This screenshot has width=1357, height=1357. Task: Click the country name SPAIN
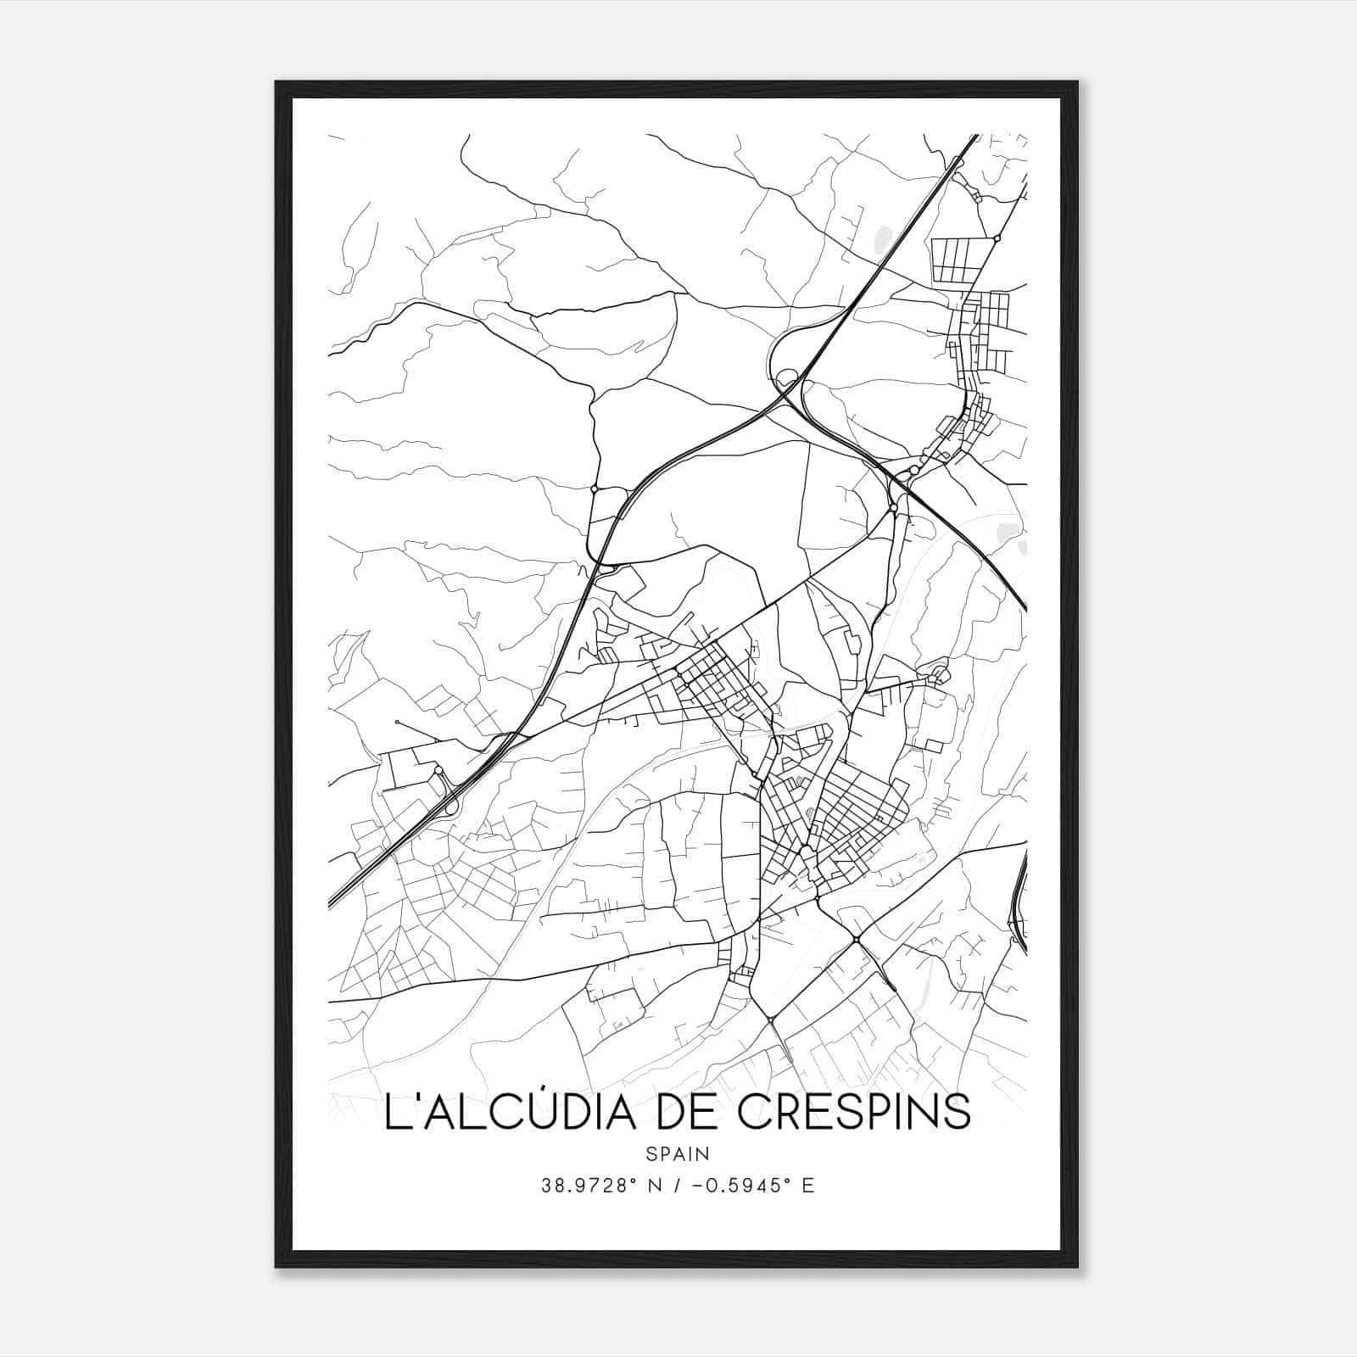pos(678,1153)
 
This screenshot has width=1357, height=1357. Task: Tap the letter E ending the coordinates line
pos(808,1186)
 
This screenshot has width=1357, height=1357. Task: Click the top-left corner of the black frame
pos(276,82)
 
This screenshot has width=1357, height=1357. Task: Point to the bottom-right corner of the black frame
pos(1077,1267)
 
